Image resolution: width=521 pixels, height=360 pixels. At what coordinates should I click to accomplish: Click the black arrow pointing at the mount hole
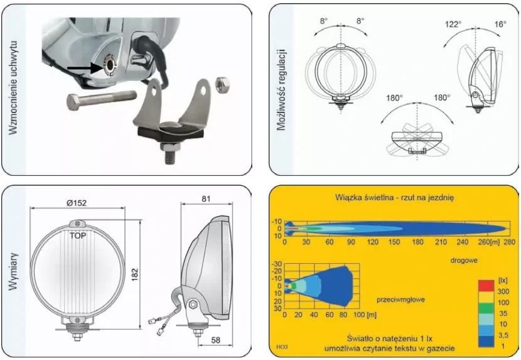pos(85,68)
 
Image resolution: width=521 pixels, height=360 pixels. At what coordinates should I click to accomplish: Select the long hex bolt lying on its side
pos(102,99)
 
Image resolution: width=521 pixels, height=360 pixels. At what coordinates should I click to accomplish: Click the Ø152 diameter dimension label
pos(77,203)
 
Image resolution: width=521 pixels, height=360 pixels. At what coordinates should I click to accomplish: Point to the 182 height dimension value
pos(134,275)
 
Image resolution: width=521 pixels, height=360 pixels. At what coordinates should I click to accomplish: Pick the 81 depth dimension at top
pos(206,199)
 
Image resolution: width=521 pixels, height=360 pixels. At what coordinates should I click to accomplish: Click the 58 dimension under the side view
pos(216,340)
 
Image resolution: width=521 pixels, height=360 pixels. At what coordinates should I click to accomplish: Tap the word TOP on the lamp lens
pos(78,236)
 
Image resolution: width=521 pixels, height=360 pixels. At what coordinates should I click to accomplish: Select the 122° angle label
pos(453,25)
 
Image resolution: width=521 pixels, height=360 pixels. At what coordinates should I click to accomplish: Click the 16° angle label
pos(500,24)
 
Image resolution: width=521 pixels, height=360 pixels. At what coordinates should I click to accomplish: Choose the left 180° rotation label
pos(394,98)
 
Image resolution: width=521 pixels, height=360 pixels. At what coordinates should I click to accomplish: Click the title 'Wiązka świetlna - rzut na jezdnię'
pos(394,198)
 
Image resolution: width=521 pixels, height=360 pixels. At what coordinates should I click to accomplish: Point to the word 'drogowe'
pos(464,260)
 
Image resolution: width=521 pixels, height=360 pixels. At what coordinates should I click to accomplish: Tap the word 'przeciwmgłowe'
pos(400,300)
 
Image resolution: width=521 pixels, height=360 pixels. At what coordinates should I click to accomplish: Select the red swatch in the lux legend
pos(486,286)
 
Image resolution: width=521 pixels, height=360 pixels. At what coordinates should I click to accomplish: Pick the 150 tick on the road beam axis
pos(394,242)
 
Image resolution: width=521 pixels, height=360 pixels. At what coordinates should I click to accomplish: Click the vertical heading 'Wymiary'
pos(13,271)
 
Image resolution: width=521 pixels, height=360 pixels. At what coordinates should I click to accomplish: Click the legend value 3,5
pos(503,335)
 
